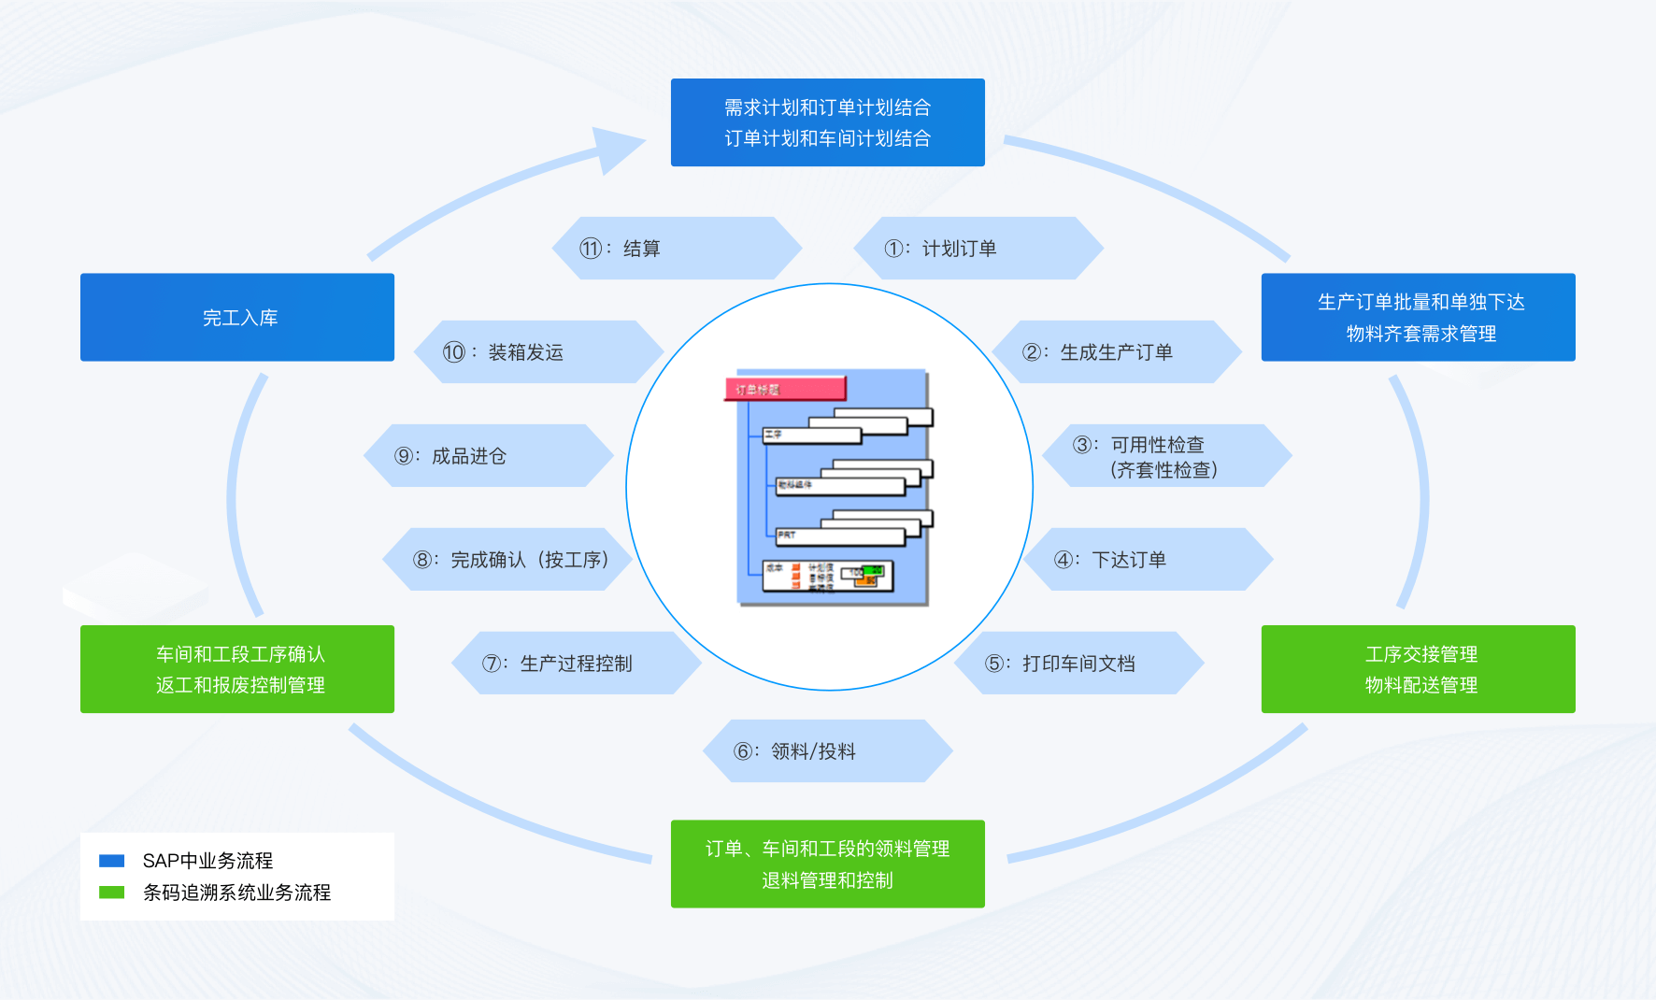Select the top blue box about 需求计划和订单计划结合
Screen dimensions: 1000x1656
[x=827, y=122]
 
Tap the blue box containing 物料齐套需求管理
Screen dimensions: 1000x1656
[x=1418, y=317]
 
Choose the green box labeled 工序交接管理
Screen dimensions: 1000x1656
[x=1418, y=669]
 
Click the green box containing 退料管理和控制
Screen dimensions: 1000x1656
[x=827, y=864]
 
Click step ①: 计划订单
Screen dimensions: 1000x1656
[x=978, y=249]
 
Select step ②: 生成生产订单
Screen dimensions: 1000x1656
[x=1116, y=352]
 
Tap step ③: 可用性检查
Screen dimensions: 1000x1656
[x=1166, y=456]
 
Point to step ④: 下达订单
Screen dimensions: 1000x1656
[x=1148, y=560]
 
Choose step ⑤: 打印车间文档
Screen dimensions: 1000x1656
[x=1078, y=664]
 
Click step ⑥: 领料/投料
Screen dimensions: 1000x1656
[x=827, y=751]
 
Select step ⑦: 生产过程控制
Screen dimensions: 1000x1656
[x=576, y=664]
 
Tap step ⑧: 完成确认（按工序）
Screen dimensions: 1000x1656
[x=509, y=560]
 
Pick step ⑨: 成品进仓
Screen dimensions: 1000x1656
[x=488, y=456]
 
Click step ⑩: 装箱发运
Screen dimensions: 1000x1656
[x=538, y=352]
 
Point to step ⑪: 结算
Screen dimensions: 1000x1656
[x=677, y=249]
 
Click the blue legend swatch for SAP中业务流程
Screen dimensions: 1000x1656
[x=112, y=861]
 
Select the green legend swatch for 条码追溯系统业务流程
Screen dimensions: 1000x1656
[x=112, y=893]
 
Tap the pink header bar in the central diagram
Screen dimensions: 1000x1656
[x=785, y=389]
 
